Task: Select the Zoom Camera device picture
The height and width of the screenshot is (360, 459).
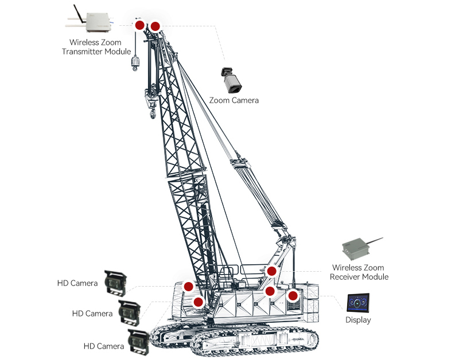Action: click(231, 80)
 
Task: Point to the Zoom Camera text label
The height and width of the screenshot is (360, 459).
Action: click(234, 100)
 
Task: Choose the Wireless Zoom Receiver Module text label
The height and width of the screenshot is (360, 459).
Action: click(359, 272)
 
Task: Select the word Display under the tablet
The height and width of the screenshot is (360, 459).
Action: click(358, 320)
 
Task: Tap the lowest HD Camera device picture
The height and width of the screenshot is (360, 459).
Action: click(139, 342)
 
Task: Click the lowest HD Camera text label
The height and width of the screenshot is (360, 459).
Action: click(103, 346)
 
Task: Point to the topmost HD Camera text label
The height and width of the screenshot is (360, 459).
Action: click(77, 283)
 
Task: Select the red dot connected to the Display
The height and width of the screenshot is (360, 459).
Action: click(293, 296)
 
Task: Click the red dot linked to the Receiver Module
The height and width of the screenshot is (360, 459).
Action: click(272, 271)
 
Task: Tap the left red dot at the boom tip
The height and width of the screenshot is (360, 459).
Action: click(139, 26)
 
